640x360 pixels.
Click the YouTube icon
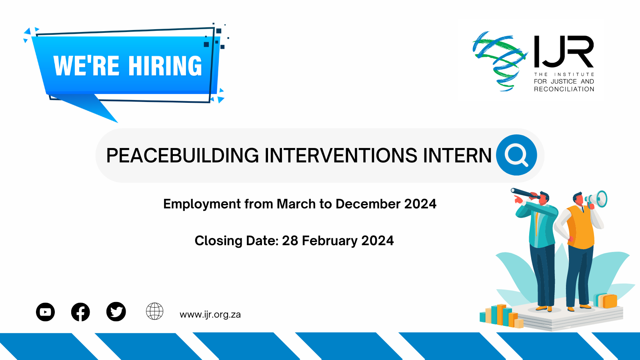tap(46, 312)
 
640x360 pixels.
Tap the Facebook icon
tap(80, 312)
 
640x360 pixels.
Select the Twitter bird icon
tap(116, 312)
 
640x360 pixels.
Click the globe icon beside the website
tap(154, 311)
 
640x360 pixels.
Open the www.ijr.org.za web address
tap(210, 314)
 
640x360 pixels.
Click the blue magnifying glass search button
tap(516, 155)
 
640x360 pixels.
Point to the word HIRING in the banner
tap(165, 66)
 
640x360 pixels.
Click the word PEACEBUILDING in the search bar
tap(182, 156)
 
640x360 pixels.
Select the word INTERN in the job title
tap(457, 156)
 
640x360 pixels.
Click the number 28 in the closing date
tap(290, 240)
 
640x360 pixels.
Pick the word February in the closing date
tap(330, 241)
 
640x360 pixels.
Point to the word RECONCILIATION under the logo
tap(564, 89)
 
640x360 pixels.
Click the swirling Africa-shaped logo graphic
tap(500, 61)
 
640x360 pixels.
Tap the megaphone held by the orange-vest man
tap(596, 199)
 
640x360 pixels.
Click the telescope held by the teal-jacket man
tap(525, 193)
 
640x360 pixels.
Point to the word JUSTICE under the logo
tap(564, 82)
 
